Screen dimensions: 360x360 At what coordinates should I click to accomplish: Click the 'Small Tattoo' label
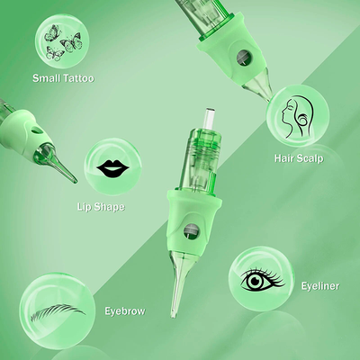click(63, 78)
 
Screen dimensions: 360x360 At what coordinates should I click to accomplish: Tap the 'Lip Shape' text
click(101, 207)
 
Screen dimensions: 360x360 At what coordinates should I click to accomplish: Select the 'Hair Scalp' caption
click(299, 158)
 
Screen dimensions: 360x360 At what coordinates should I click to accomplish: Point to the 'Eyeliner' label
click(320, 286)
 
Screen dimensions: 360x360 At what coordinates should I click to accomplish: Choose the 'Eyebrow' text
click(125, 310)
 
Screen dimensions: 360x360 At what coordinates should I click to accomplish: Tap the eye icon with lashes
click(263, 279)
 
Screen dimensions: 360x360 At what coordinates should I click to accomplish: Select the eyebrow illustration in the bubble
click(58, 312)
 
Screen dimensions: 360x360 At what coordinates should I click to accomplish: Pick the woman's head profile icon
click(297, 117)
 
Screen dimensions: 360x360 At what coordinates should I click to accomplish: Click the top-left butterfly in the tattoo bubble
click(51, 33)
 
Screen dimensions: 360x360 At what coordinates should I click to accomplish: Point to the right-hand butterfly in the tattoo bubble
click(72, 41)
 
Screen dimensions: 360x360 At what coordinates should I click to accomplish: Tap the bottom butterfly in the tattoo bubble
click(54, 53)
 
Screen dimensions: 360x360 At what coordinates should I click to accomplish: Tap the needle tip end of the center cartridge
click(174, 314)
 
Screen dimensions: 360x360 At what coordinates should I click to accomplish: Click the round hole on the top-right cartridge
click(243, 57)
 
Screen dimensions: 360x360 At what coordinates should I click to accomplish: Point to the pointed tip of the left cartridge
click(75, 181)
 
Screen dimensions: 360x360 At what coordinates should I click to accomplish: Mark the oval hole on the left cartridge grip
click(38, 130)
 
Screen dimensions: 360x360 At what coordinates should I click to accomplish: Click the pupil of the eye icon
click(255, 281)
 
